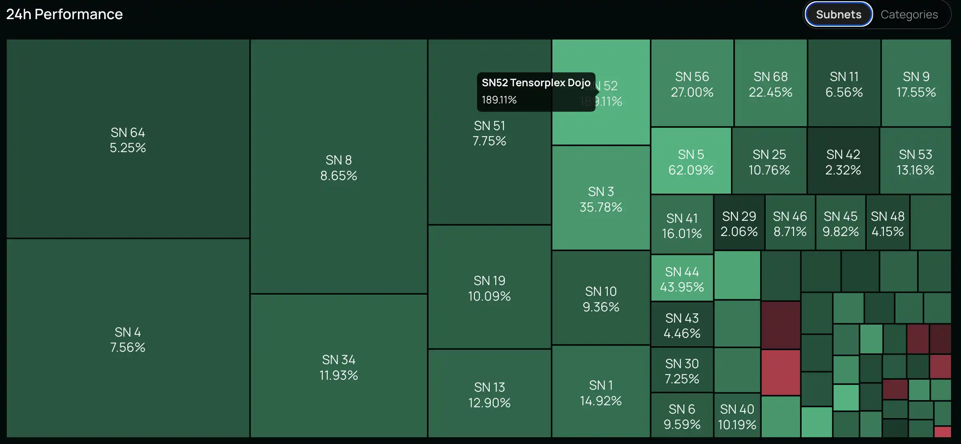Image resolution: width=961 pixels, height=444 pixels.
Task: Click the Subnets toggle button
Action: pos(838,14)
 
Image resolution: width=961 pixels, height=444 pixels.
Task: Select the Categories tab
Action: pos(909,14)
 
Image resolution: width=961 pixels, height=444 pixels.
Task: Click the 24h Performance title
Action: pos(64,14)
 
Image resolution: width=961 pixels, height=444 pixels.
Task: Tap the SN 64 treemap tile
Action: pos(128,140)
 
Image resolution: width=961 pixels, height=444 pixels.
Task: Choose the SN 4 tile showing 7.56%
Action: pos(128,339)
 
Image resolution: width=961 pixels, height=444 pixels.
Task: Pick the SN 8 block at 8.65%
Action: pos(339,168)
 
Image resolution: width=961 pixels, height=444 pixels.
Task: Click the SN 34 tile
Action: pos(339,367)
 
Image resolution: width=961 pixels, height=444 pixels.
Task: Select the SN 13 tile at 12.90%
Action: pos(489,394)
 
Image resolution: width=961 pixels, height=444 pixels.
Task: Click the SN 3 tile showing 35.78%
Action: pos(601,199)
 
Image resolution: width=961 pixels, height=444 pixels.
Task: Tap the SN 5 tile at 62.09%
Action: pos(691,162)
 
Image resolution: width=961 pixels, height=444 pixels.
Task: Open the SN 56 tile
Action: pos(692,84)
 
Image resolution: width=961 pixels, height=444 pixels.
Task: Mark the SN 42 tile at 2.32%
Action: pos(843,162)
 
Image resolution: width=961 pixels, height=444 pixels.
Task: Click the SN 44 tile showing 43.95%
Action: pos(682,279)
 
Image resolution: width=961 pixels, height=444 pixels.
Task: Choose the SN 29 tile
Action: pos(739,224)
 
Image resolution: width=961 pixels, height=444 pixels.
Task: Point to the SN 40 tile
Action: pos(737,416)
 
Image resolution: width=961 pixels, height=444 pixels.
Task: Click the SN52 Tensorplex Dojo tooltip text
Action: pos(536,83)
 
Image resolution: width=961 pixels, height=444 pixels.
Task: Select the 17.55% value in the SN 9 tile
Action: pos(916,92)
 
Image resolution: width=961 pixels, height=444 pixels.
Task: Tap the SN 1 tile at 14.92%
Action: pos(601,392)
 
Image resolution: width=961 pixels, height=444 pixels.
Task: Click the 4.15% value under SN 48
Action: pos(888,232)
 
